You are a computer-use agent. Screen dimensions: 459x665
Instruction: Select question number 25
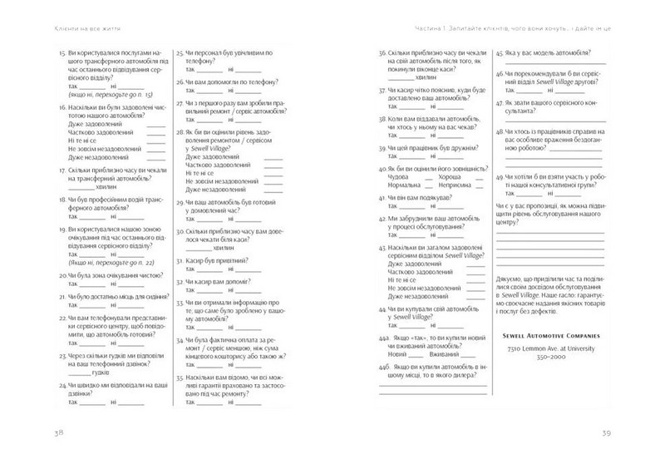(x=180, y=53)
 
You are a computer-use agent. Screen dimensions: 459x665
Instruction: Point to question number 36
(x=384, y=53)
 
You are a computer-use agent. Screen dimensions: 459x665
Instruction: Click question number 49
(x=501, y=177)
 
